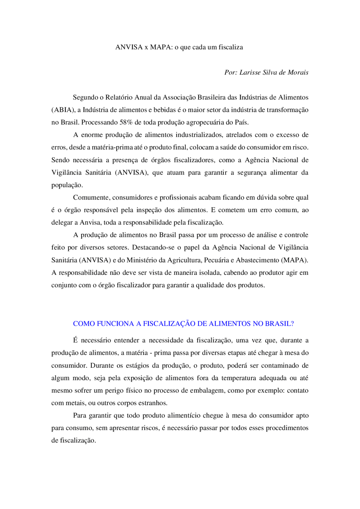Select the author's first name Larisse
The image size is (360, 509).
coord(250,73)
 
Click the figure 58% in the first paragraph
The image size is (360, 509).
coord(126,123)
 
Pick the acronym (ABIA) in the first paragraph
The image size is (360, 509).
coord(63,110)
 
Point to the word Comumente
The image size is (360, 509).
coord(91,198)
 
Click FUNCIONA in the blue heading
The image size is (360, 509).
coord(115,324)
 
